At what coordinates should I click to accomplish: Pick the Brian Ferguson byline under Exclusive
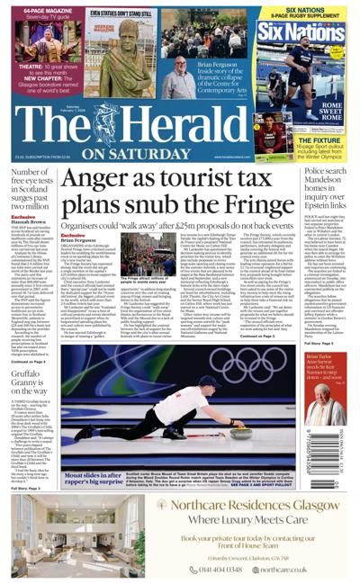tap(78, 241)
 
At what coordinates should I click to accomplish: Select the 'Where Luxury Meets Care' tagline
tap(239, 518)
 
